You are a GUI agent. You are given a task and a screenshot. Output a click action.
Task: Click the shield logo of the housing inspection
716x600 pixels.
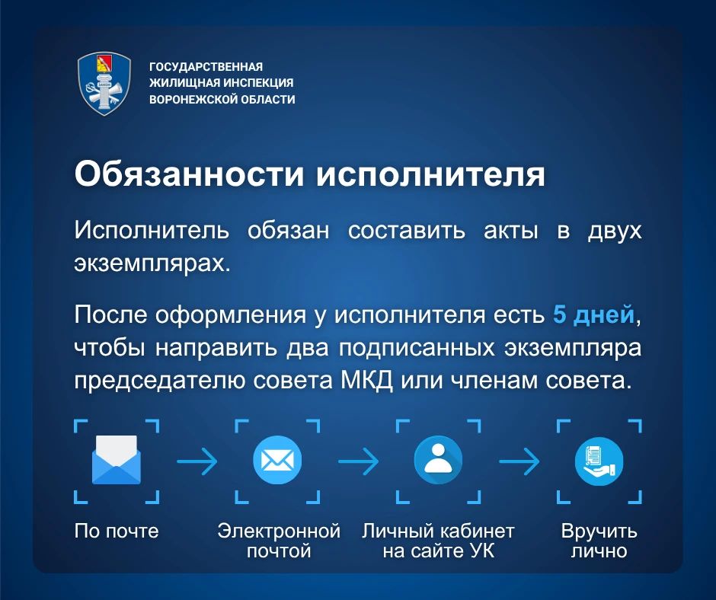(x=104, y=84)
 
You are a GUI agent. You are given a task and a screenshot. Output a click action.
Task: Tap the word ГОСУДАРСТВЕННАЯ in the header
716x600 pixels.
(x=206, y=67)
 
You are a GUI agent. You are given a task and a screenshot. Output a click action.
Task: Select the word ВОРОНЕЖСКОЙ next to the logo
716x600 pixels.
(x=193, y=99)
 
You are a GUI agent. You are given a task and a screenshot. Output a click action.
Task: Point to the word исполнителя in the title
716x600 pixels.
(x=430, y=174)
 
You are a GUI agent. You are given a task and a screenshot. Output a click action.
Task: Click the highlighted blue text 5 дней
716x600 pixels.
(x=593, y=314)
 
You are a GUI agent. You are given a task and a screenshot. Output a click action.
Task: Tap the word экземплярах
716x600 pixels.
(x=152, y=264)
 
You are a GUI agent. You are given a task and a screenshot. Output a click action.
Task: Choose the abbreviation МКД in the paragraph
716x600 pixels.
(x=366, y=381)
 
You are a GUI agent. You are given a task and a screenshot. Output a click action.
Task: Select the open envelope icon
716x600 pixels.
(x=117, y=459)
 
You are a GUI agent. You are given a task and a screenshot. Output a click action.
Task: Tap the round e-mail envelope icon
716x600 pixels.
(x=277, y=460)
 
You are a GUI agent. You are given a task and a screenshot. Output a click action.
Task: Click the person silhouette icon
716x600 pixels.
(x=438, y=460)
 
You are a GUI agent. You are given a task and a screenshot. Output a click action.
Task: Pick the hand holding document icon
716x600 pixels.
(x=599, y=460)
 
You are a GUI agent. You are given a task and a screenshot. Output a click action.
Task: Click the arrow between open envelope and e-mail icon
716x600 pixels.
(x=197, y=461)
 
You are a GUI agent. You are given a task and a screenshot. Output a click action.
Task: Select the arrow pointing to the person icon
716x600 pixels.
(x=358, y=461)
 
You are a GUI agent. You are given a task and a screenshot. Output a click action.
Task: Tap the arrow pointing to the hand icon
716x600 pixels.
(x=519, y=461)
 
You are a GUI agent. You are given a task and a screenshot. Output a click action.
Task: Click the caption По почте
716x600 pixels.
(x=117, y=531)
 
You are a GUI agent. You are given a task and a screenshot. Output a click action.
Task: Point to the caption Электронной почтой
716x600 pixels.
(x=279, y=541)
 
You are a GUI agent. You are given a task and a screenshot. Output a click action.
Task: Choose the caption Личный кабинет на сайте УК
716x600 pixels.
(x=439, y=541)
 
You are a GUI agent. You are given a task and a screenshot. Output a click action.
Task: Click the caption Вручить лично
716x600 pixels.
(x=599, y=541)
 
